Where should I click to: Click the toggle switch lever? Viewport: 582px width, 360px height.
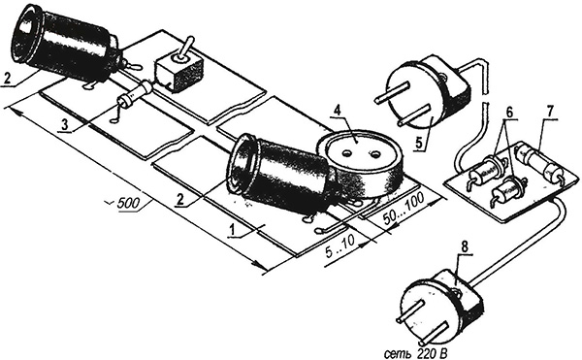[x=186, y=48]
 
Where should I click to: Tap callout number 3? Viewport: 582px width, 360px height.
[x=65, y=125]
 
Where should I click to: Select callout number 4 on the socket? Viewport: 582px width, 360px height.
[x=337, y=111]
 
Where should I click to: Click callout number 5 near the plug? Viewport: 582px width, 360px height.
[x=419, y=143]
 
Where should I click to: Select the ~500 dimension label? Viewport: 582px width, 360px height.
[x=126, y=204]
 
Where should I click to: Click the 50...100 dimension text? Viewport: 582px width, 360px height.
[x=404, y=210]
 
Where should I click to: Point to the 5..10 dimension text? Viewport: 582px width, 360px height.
[x=340, y=248]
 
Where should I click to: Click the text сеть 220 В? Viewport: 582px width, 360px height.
[x=416, y=353]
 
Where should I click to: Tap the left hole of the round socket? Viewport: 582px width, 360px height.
[x=348, y=153]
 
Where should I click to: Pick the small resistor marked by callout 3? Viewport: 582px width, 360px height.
[x=135, y=95]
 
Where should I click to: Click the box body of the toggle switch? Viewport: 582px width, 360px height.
[x=179, y=74]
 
